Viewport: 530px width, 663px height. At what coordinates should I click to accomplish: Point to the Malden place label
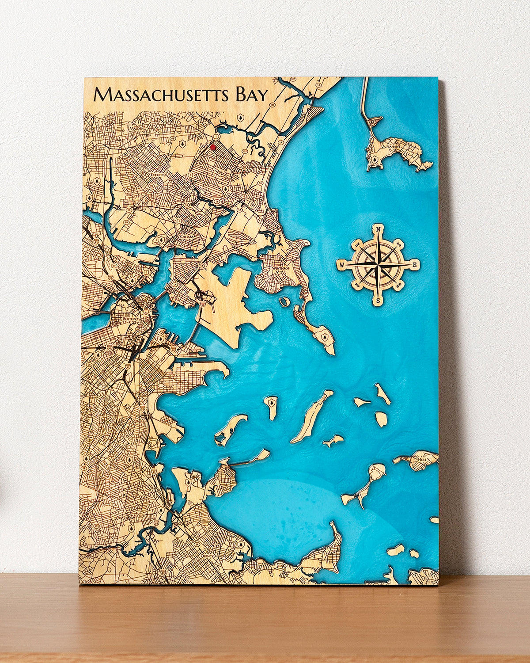[x=135, y=129]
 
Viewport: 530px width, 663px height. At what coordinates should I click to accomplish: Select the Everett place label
[x=158, y=175]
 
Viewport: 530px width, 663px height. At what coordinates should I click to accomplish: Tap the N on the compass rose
[x=379, y=229]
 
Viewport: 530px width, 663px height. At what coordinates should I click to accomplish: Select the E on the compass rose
[x=415, y=265]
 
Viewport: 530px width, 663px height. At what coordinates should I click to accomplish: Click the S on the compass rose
[x=378, y=301]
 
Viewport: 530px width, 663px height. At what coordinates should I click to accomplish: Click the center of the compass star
[x=379, y=265]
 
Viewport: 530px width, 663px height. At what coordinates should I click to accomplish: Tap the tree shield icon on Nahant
[x=375, y=158]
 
